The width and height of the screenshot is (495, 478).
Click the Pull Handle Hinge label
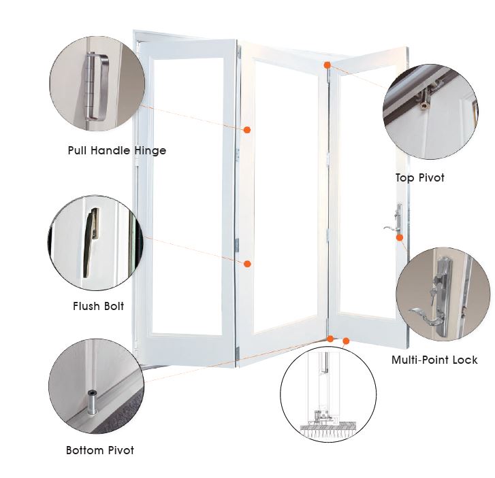click(x=116, y=150)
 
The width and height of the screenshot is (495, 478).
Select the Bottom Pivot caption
click(x=99, y=450)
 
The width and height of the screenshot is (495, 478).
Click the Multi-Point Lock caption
click(x=434, y=360)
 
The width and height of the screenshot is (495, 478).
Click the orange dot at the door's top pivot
click(x=328, y=65)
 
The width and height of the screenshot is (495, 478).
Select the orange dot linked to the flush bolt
click(x=248, y=263)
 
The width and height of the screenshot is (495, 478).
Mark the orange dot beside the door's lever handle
click(x=400, y=237)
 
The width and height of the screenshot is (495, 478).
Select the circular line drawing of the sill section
click(x=328, y=395)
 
